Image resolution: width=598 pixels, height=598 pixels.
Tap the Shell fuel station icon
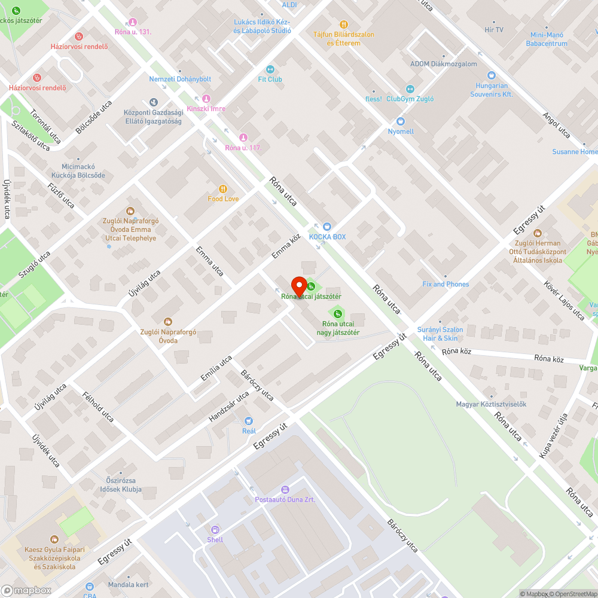(x=215, y=530)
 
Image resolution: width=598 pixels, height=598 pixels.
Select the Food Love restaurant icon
(x=223, y=189)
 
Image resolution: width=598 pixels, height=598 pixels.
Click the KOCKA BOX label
(x=327, y=237)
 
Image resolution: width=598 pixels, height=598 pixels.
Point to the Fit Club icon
(x=270, y=69)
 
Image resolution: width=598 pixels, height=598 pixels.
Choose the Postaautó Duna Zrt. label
(x=285, y=499)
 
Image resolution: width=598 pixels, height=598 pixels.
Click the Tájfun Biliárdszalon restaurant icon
(x=344, y=25)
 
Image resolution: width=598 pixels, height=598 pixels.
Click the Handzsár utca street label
(x=228, y=407)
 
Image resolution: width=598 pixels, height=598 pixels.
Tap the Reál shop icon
(x=249, y=421)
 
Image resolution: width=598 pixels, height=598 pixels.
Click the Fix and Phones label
(x=446, y=284)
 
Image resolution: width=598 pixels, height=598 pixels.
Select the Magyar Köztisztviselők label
(x=491, y=404)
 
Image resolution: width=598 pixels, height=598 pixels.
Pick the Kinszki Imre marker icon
(x=206, y=99)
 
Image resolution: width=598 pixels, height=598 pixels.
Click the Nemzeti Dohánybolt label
(x=180, y=79)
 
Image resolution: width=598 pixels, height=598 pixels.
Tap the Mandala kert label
(x=128, y=585)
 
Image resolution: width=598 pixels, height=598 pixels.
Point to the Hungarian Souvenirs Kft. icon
(x=492, y=75)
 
